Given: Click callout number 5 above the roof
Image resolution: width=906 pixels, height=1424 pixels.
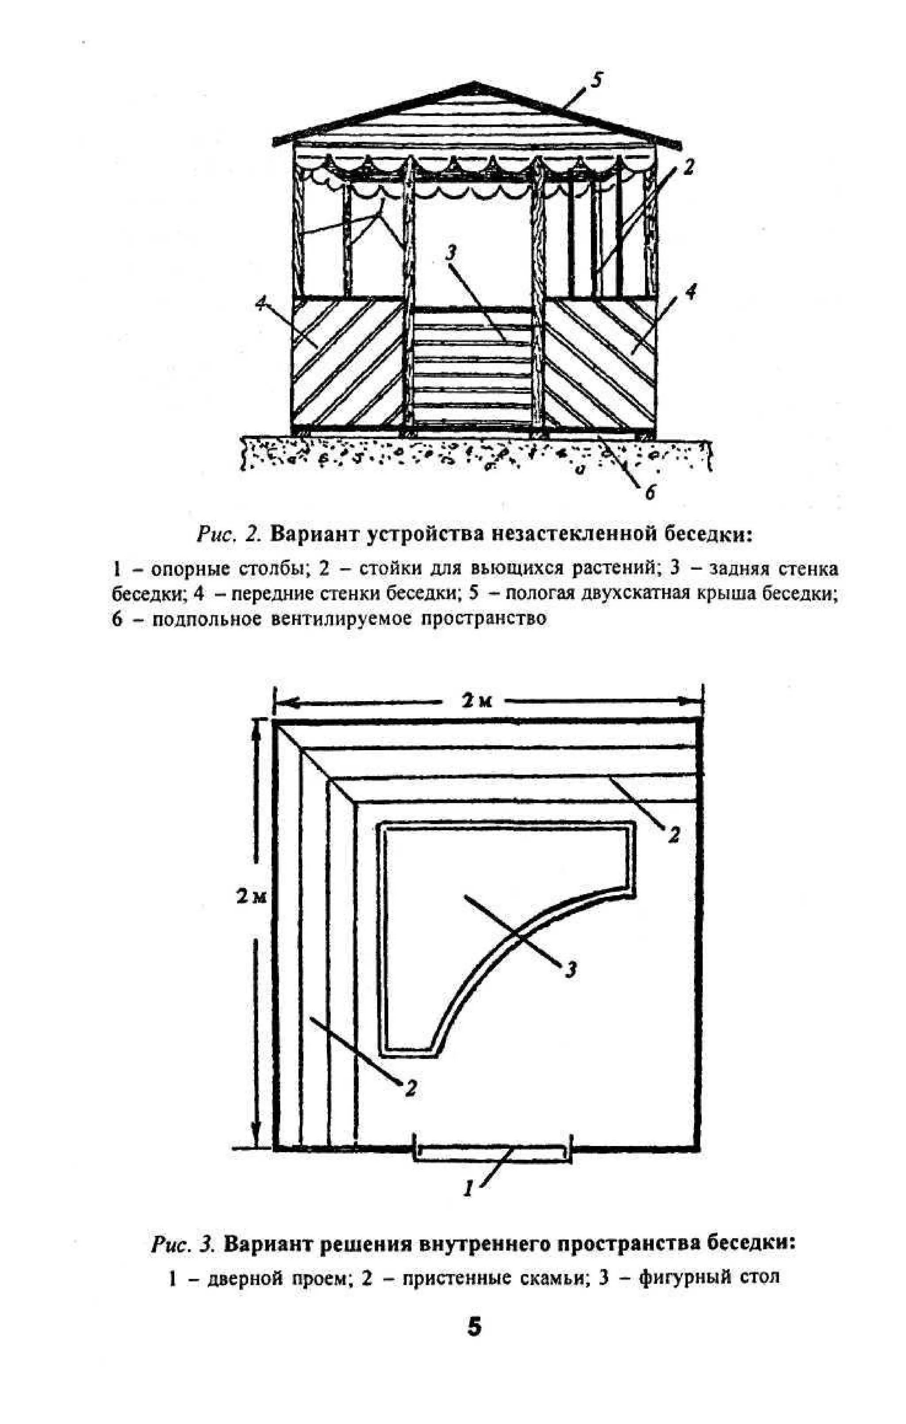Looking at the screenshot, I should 596,80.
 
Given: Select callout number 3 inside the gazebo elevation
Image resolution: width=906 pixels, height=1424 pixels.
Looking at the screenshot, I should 450,253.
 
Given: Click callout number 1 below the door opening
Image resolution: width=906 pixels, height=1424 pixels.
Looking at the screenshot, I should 468,1187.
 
